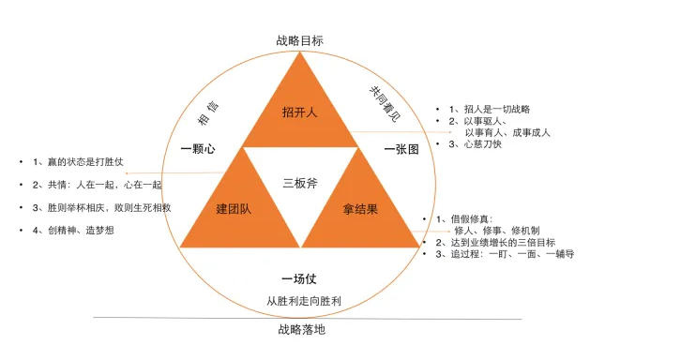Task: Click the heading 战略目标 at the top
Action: click(x=301, y=41)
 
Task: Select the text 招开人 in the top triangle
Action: click(x=300, y=112)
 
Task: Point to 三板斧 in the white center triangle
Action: click(x=300, y=182)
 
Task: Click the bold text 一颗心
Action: click(x=199, y=149)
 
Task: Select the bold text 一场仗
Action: click(x=300, y=279)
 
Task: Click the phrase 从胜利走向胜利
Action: click(x=301, y=301)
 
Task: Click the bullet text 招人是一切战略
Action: click(x=497, y=109)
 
